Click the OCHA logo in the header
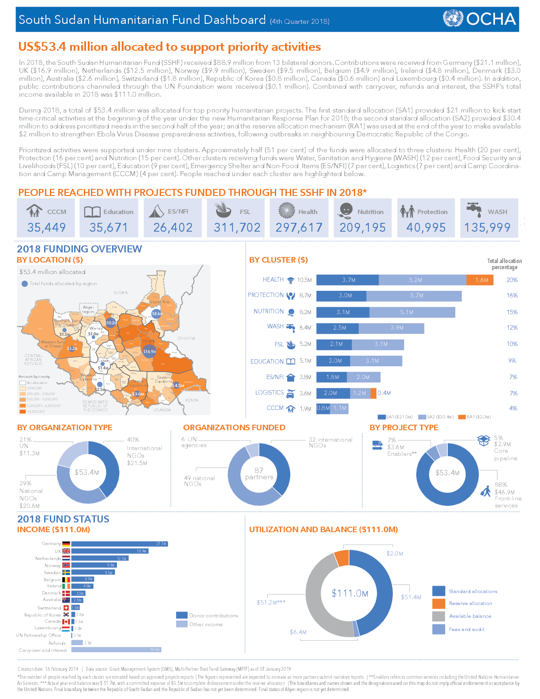pos(480,19)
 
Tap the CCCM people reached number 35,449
pos(46,227)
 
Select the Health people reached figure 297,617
pos(299,227)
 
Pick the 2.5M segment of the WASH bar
pos(338,328)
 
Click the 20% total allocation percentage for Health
pos(512,280)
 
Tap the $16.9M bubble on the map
pos(150,351)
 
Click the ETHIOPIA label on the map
pos(186,338)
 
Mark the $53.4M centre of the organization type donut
pos(87,472)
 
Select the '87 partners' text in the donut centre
pos(259,474)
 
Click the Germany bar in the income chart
pos(119,544)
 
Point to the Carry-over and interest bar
pos(116,650)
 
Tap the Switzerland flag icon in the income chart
pos(66,608)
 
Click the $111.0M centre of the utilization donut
pos(350,593)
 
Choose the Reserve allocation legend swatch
pos(439,604)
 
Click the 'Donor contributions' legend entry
pos(207,616)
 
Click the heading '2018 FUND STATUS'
pos(63,519)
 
